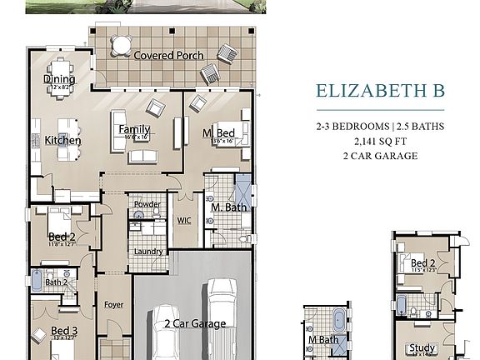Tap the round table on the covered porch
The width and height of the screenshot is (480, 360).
coord(122,44)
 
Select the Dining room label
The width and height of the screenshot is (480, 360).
coord(59,80)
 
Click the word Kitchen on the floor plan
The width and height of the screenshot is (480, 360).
coord(63,141)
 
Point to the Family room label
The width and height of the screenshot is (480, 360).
coord(133,130)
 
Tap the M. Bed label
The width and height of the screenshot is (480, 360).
coord(219,133)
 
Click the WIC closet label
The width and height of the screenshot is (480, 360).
coord(185,221)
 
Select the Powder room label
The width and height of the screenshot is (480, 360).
coord(147,204)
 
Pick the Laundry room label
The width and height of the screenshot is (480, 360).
coord(148,252)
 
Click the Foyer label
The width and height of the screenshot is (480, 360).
coord(113,305)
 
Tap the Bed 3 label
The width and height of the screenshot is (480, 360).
coord(64,331)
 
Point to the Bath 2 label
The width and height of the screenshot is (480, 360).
coord(56,282)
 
